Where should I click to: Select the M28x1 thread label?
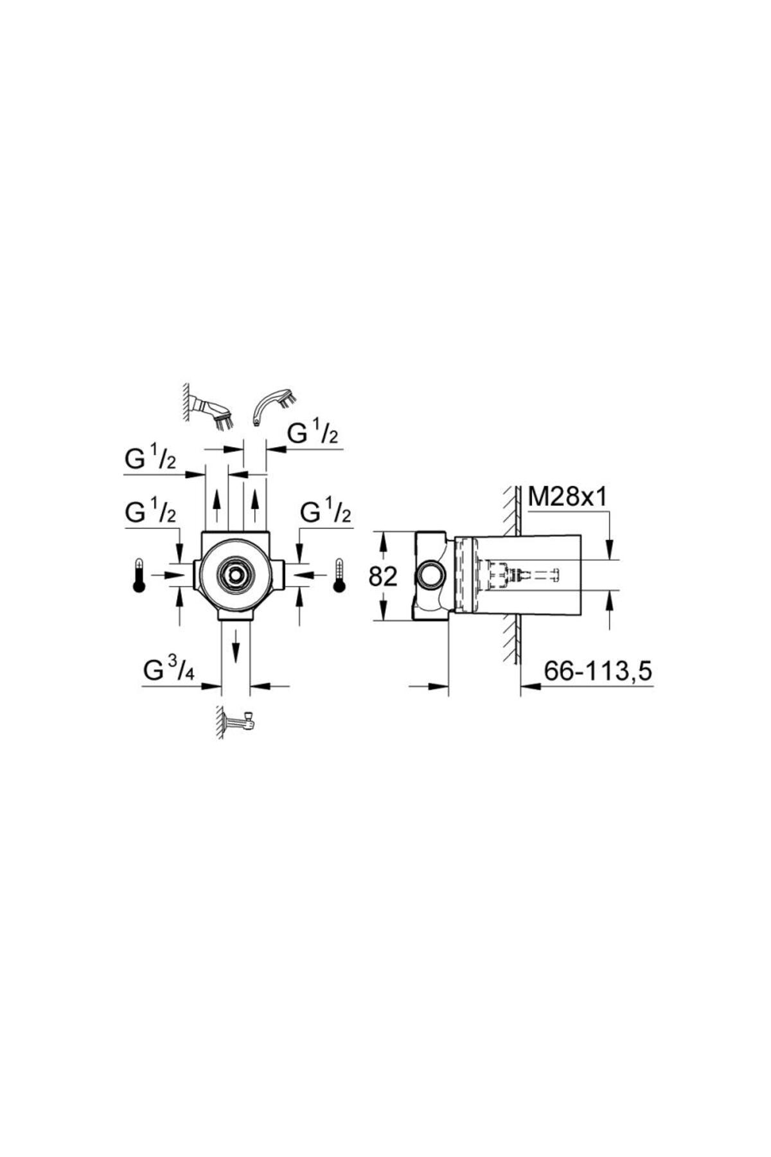coord(567,496)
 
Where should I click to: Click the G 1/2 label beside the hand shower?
coord(312,435)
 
